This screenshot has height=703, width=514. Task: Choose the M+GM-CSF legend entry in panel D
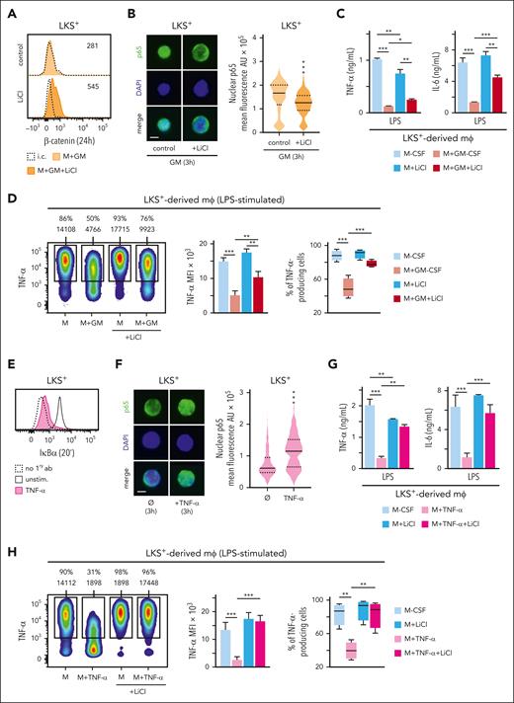pos(470,293)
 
